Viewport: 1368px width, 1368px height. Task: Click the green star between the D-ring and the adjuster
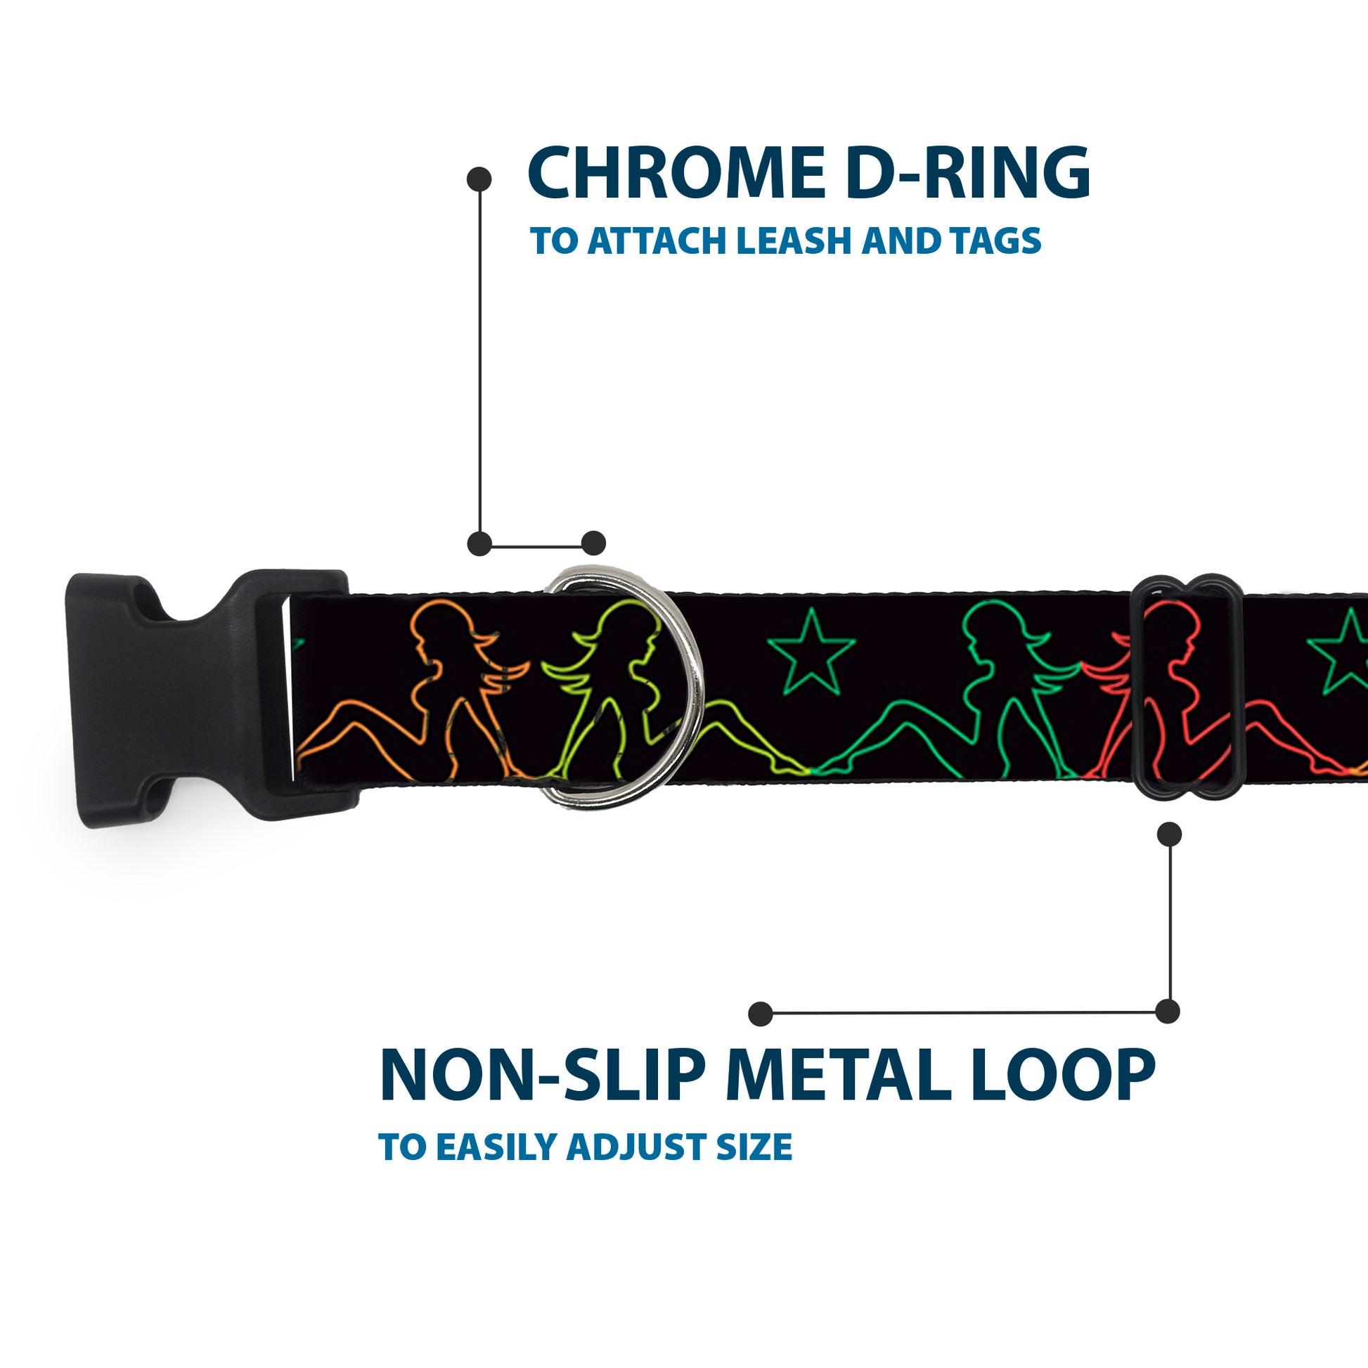[811, 652]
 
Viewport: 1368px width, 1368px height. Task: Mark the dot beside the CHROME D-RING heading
[479, 179]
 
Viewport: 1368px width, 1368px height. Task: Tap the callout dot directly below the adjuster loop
[1169, 834]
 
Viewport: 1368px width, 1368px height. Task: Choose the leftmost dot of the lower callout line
[760, 1013]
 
